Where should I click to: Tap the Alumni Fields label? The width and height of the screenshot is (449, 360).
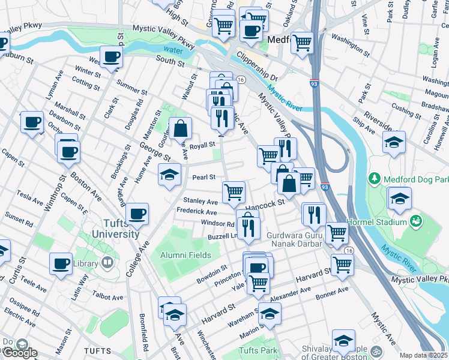pos(185,255)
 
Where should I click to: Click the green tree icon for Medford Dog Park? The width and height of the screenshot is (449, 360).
pos(375,179)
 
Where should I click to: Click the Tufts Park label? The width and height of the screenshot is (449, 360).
pos(258,350)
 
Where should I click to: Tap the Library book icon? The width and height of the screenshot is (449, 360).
pos(107,263)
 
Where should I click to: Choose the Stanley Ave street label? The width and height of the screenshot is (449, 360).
pos(200,202)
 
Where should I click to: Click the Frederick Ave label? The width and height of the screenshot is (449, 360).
pos(196,212)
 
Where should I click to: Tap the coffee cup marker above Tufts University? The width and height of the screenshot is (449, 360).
pos(137,214)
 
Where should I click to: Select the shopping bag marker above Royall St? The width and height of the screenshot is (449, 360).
pos(180,128)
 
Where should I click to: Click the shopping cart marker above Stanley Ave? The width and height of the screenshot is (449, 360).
pos(234,192)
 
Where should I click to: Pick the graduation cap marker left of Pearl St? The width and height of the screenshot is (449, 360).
pos(169,174)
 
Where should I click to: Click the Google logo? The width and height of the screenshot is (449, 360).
pos(19,352)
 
